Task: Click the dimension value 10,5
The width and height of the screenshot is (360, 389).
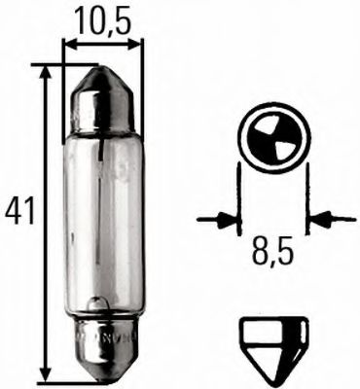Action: click(100, 18)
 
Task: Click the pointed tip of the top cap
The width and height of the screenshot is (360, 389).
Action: click(101, 71)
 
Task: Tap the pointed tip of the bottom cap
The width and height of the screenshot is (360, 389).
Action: click(101, 376)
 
